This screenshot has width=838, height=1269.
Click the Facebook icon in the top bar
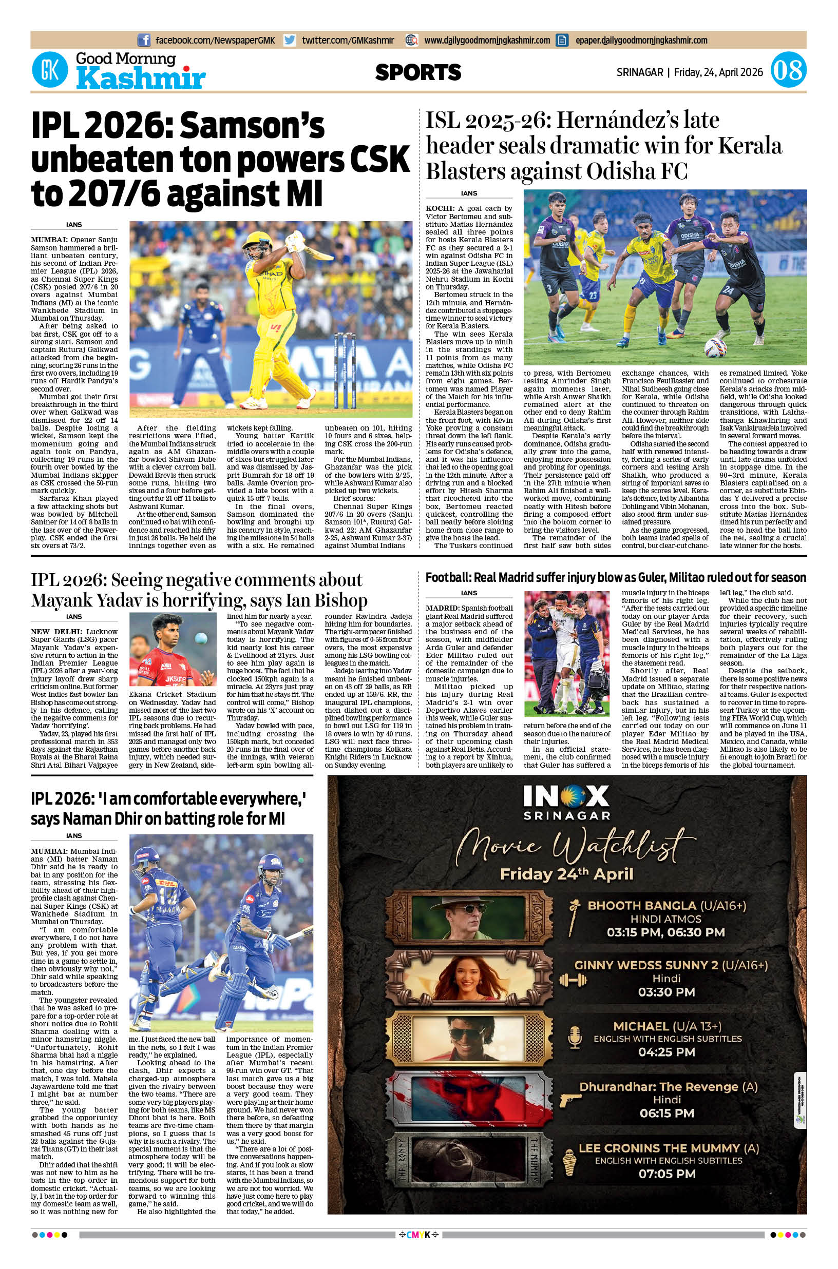click(143, 40)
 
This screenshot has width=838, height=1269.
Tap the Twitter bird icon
click(290, 40)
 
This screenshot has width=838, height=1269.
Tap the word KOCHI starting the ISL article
click(438, 208)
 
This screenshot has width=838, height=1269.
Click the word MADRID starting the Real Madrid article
click(442, 608)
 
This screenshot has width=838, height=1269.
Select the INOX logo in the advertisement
click(566, 797)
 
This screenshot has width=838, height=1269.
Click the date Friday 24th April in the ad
click(566, 874)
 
